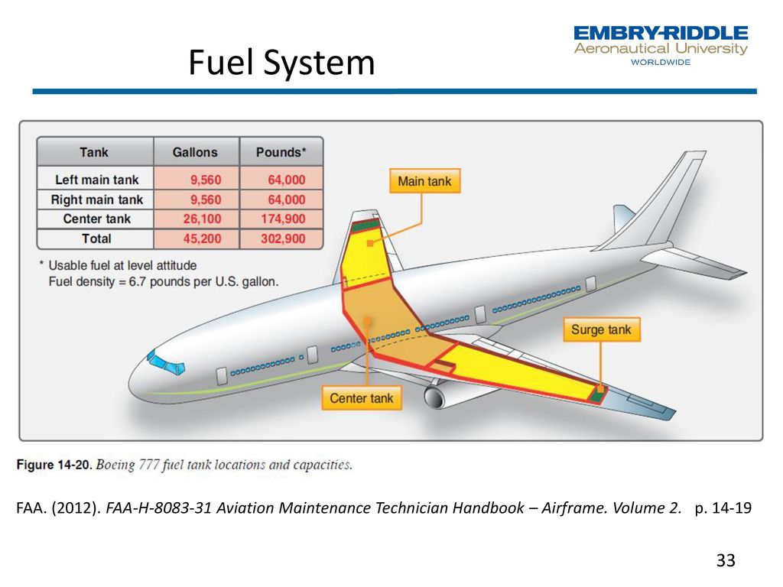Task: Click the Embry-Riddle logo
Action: (x=661, y=45)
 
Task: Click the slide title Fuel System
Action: (x=281, y=63)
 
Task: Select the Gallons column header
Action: (x=195, y=152)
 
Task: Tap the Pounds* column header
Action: (x=281, y=152)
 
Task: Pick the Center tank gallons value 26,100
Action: (x=202, y=219)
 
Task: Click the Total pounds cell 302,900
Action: (x=283, y=238)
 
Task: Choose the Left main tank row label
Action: (x=97, y=180)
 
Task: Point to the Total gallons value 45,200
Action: (x=202, y=238)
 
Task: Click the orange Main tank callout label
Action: (x=424, y=180)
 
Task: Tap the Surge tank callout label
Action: (x=601, y=329)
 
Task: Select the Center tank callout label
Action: (x=362, y=397)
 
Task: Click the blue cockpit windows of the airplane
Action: (x=166, y=363)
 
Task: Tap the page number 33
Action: (x=726, y=560)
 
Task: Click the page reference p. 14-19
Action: (x=723, y=508)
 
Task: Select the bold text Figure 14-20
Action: (x=54, y=465)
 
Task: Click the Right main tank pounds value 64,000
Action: (x=287, y=199)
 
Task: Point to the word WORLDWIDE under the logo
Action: (x=661, y=62)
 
